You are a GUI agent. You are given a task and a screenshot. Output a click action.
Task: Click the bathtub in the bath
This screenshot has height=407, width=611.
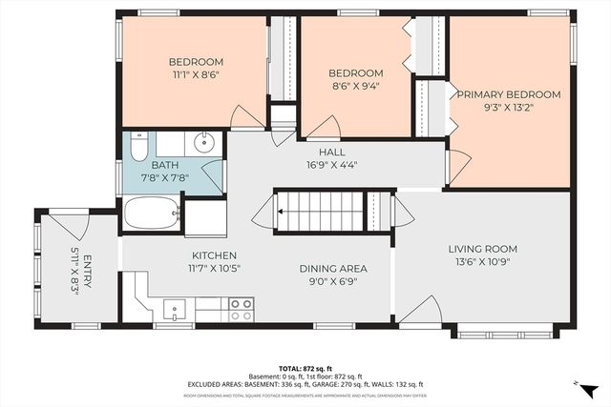coord(151,213)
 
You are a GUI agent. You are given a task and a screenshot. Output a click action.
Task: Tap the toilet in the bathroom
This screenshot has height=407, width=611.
coord(137,148)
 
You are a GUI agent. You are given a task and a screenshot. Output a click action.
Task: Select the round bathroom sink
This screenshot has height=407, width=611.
coord(202,145)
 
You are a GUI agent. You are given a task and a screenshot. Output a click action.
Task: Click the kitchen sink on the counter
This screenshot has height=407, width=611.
coord(174,309)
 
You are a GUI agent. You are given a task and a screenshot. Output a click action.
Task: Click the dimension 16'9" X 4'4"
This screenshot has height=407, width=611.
coord(331,165)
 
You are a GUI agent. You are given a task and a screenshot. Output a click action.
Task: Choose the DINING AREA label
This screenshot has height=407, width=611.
coord(333,269)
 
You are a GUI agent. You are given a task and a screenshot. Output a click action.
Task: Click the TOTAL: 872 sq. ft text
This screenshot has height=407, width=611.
coord(305,367)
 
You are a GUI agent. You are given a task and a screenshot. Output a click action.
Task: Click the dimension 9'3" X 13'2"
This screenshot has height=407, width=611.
coord(507,108)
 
